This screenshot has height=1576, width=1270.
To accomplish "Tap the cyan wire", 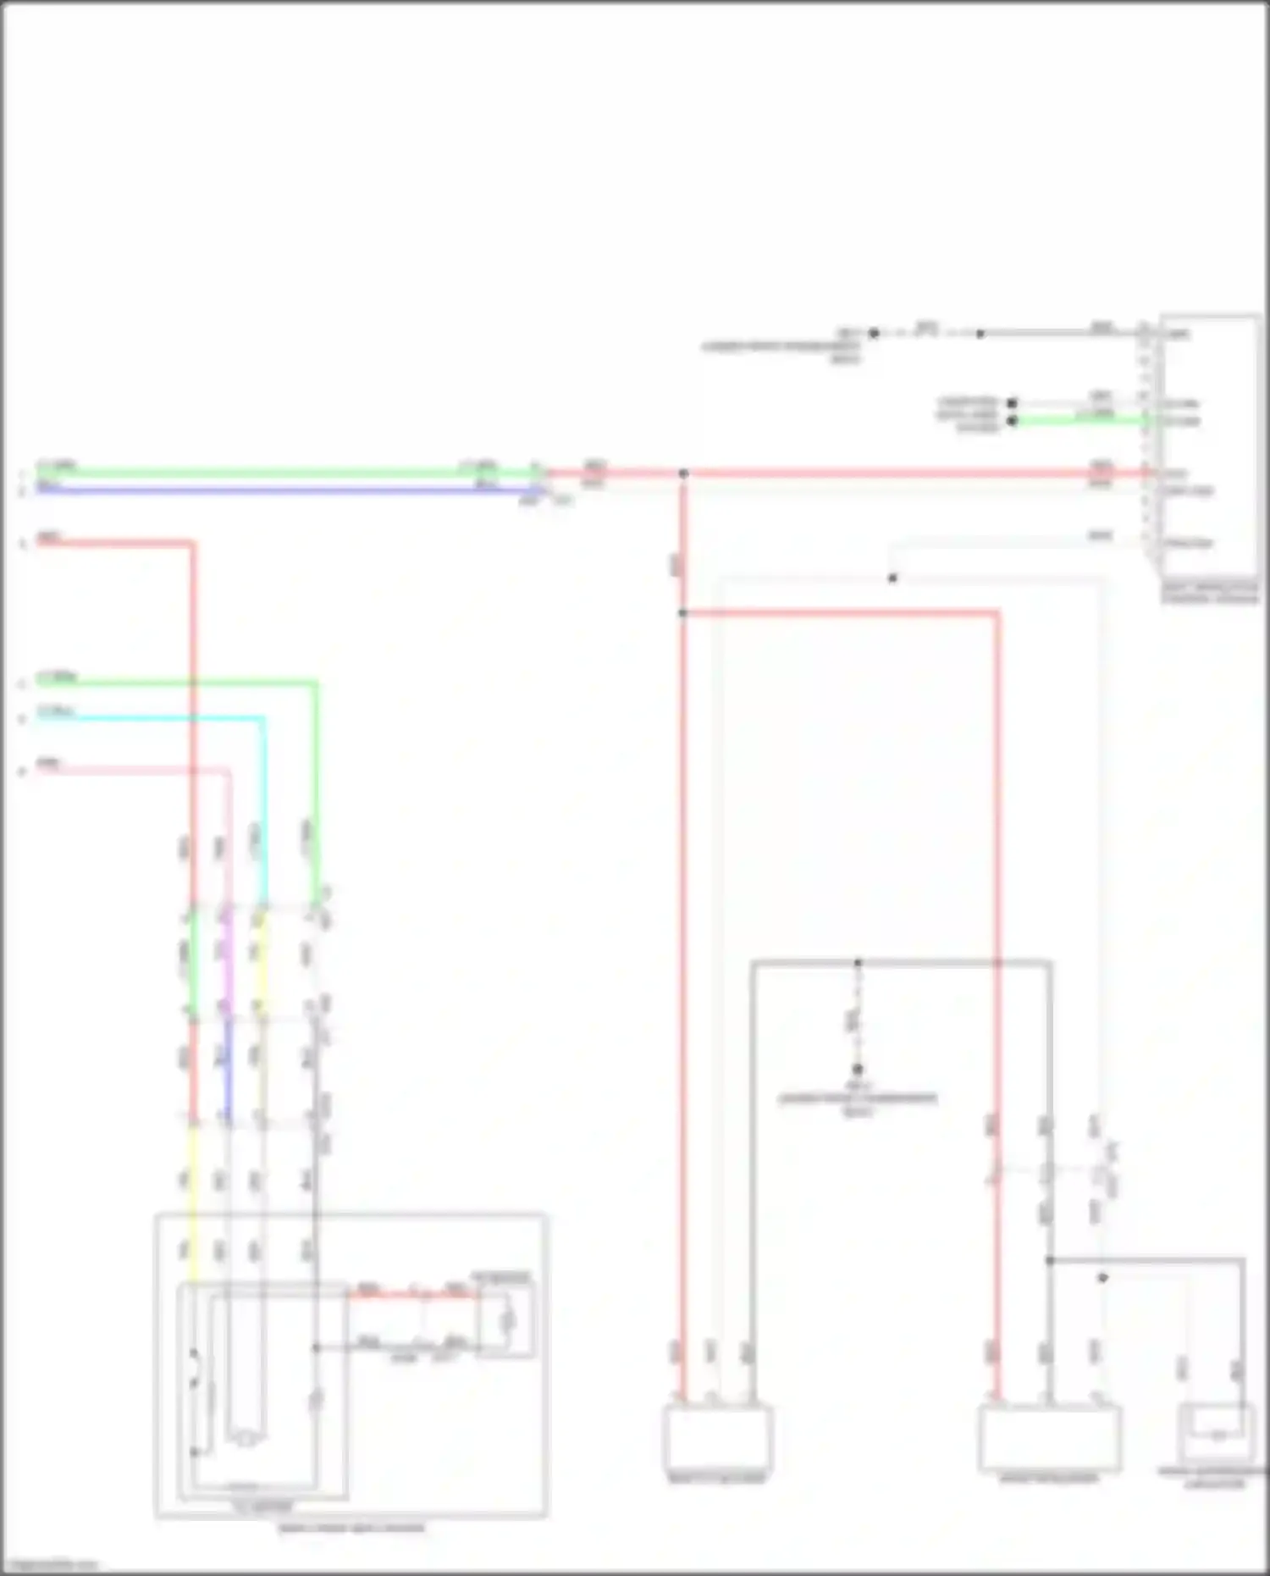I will coord(152,719).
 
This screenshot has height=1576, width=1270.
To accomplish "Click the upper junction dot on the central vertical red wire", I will coord(683,473).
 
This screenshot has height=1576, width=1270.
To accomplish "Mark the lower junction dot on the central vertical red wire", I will coord(682,612).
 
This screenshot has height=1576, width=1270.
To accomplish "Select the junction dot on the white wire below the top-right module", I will coord(892,578).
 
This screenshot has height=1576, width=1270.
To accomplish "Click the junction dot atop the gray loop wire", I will coord(858,963).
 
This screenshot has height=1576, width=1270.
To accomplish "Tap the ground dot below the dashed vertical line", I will coord(858,1070).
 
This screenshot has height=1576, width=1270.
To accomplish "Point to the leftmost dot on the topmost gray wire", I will coord(875,334).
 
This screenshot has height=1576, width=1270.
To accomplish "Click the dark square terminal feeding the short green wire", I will coord(1012,421).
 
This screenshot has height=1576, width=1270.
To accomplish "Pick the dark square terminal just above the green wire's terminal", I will coord(1012,403).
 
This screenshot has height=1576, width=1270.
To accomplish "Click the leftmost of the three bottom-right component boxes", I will coord(717,1438).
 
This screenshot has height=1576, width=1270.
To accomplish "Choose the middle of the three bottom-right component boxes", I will coord(1050,1438).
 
